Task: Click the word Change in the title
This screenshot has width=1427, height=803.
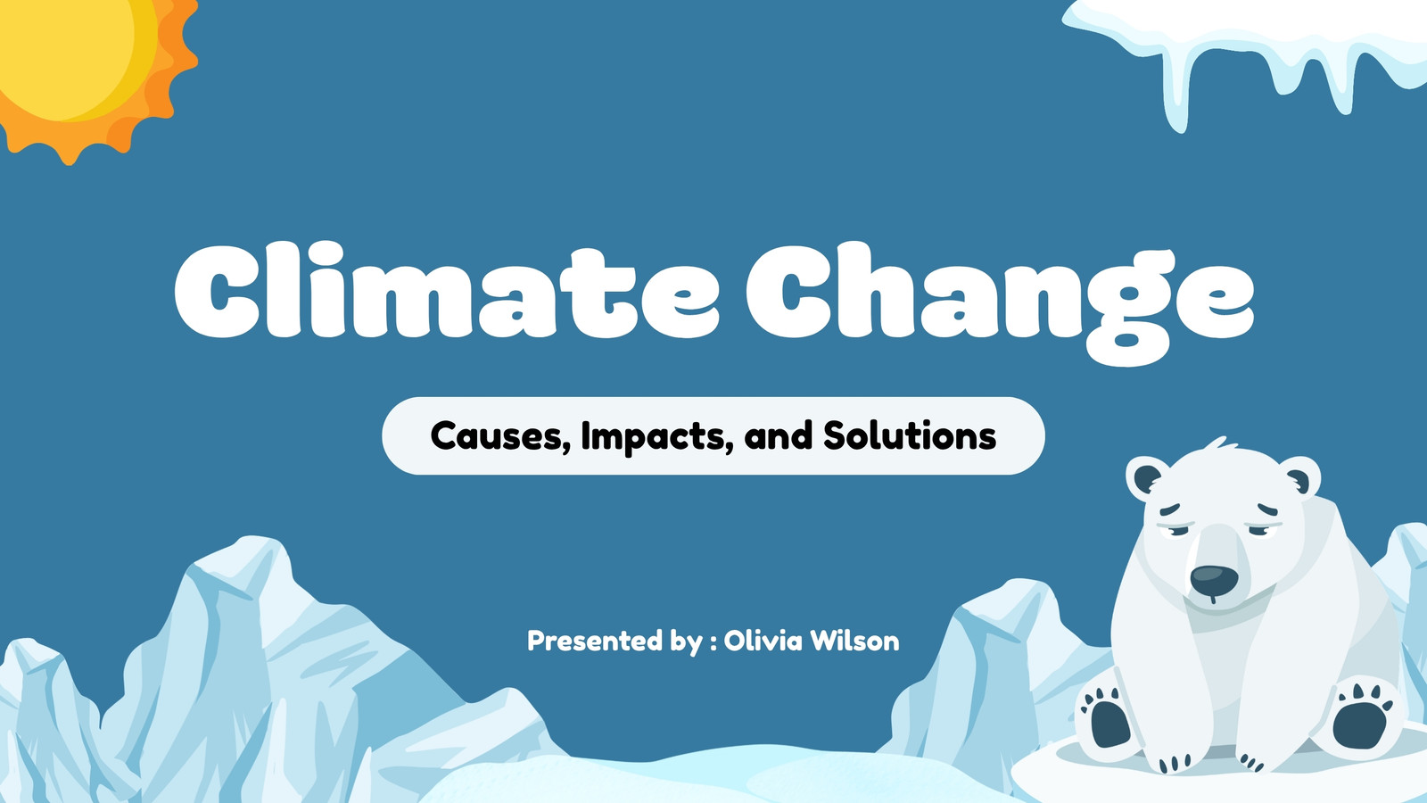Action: point(1000,302)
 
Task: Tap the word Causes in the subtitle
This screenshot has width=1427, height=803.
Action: point(499,436)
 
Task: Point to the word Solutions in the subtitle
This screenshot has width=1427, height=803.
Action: point(910,436)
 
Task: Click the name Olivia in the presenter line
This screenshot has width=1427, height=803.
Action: point(763,641)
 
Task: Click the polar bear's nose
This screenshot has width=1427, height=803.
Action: point(1214,579)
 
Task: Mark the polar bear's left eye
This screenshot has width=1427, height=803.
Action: point(1175,528)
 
